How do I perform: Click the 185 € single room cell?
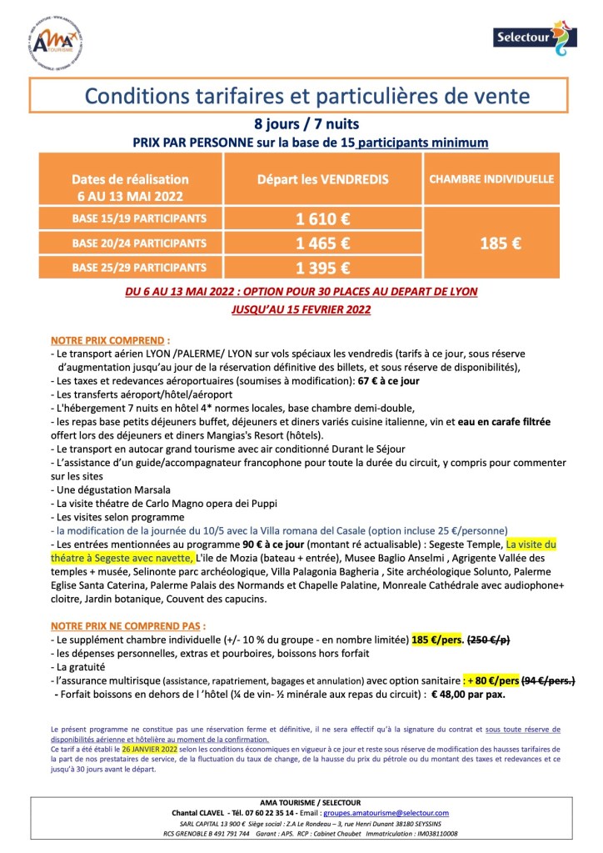[x=501, y=243]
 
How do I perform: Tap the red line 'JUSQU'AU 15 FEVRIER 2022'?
[x=301, y=308]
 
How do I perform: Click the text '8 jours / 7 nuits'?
[x=301, y=125]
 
